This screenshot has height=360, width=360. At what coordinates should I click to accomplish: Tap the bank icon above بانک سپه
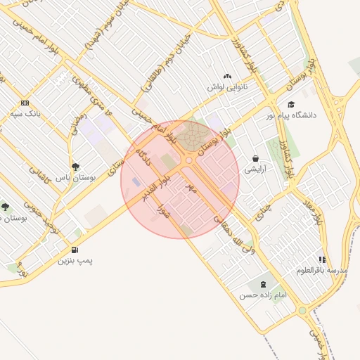coord(25,102)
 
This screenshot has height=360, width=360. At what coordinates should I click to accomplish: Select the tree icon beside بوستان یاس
coord(75,167)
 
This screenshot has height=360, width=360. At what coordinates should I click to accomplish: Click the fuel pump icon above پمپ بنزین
coord(75,250)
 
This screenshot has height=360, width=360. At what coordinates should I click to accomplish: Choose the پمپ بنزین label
coord(75,261)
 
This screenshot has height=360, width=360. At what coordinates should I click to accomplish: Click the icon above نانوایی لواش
coord(226,76)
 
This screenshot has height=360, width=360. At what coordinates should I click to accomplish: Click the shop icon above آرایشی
coord(255,159)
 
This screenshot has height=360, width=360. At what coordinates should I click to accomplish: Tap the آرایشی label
coord(256,169)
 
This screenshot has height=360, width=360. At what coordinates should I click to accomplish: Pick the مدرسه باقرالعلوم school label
coord(322,270)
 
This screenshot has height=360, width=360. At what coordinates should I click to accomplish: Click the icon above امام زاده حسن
coord(263,284)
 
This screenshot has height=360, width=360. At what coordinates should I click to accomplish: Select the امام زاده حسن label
coord(263,295)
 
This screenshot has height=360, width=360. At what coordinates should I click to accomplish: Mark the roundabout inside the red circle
coord(188,161)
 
